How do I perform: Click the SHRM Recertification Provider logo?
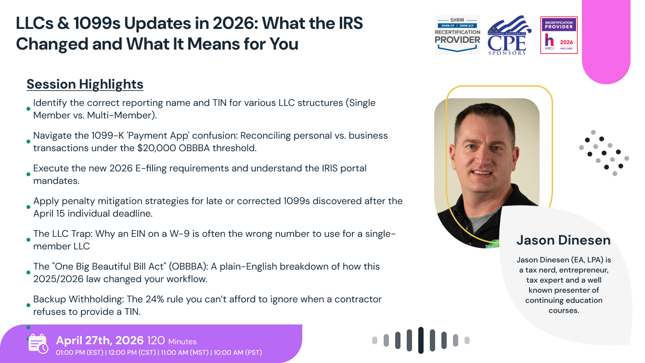click(457, 35)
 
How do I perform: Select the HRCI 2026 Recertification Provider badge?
click(558, 35)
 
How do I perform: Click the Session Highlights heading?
click(85, 84)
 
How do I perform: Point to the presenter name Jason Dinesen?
click(563, 240)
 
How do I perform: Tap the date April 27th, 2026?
click(100, 341)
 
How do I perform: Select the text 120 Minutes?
click(171, 341)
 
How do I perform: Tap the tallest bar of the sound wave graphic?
click(421, 340)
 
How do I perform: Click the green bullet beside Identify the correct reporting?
click(28, 109)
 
